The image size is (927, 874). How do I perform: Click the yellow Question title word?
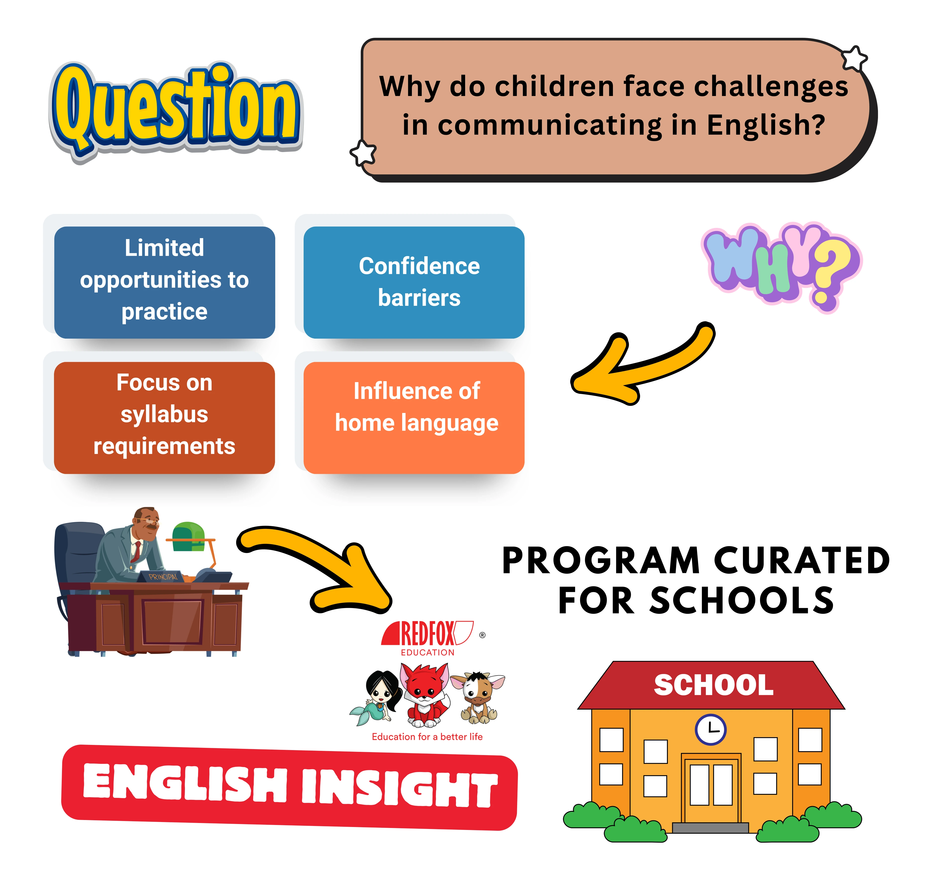point(176,109)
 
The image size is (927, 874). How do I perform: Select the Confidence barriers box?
point(414,282)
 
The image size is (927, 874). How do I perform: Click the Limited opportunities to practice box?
point(164,282)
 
